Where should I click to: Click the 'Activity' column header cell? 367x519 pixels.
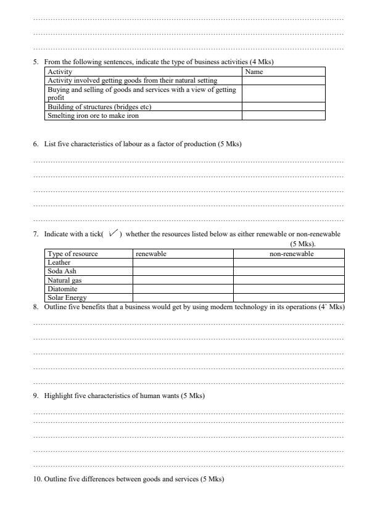pos(60,72)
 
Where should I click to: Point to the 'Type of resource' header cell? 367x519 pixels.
pos(73,254)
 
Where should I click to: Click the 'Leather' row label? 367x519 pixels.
pos(59,262)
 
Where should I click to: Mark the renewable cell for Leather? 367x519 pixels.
pos(183,262)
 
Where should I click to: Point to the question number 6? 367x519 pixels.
pos(36,144)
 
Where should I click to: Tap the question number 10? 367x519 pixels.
pos(37,480)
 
